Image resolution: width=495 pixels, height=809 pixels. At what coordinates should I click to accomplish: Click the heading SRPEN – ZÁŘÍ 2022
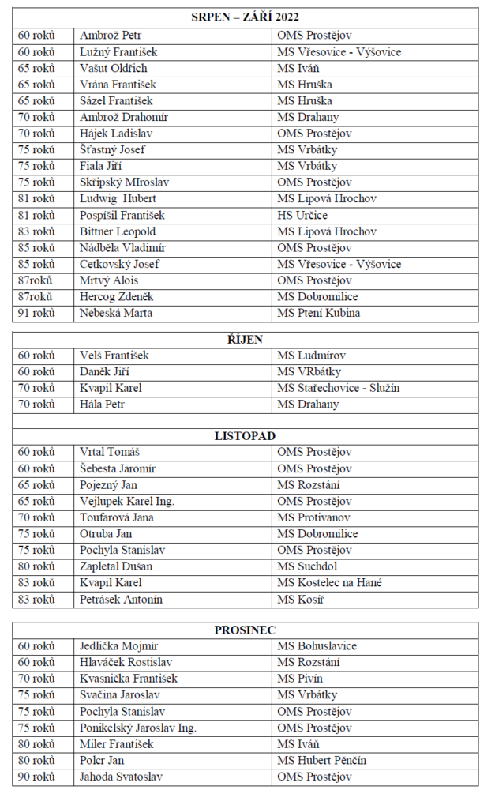(245, 17)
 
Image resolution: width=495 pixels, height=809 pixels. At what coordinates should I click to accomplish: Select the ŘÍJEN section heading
(245, 339)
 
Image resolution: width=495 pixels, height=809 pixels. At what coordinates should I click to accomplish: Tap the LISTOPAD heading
(245, 435)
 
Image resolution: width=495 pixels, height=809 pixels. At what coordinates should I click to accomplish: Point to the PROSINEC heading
(245, 630)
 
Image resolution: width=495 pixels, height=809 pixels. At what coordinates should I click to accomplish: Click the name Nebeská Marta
(116, 313)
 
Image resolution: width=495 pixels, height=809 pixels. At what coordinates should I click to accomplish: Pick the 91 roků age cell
(36, 313)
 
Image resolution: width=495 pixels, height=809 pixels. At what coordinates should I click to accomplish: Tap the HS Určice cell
(302, 215)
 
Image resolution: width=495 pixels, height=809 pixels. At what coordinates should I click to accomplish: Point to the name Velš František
(114, 356)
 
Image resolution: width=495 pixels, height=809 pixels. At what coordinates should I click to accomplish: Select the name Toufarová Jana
(117, 517)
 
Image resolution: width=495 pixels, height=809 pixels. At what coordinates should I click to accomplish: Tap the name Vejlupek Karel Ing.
(127, 501)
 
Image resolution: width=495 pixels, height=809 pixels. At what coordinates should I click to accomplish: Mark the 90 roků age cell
(36, 777)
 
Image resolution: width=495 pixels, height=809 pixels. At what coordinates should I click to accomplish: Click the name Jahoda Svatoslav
(122, 777)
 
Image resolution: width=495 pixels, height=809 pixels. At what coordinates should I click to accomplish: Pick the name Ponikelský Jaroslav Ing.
(138, 728)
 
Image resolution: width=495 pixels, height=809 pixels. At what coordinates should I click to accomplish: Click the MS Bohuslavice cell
(317, 646)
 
